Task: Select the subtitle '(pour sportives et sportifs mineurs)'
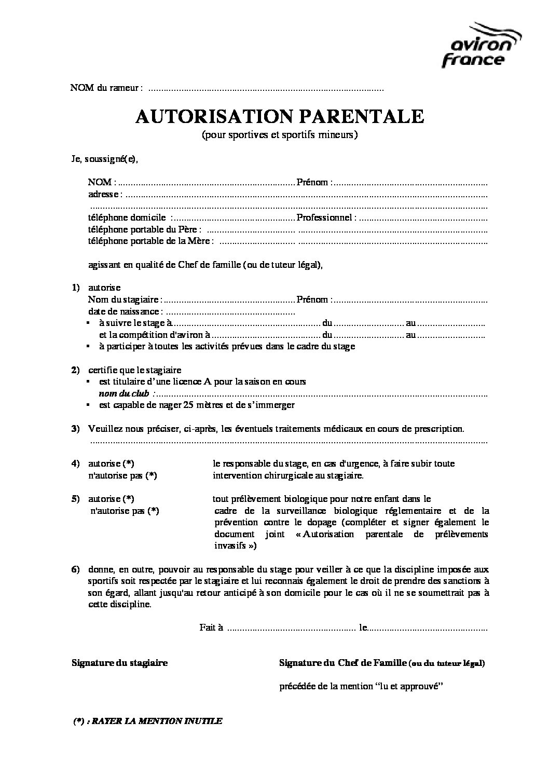(x=280, y=135)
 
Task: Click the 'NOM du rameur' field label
(x=106, y=88)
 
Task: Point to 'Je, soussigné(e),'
(x=105, y=160)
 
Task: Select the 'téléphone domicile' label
(x=127, y=217)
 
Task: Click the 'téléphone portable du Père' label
(x=145, y=229)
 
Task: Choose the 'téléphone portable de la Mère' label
(x=150, y=241)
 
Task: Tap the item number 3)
(x=75, y=429)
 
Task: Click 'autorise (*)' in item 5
(x=111, y=499)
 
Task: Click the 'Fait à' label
(x=211, y=628)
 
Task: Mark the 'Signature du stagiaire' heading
(x=119, y=663)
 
